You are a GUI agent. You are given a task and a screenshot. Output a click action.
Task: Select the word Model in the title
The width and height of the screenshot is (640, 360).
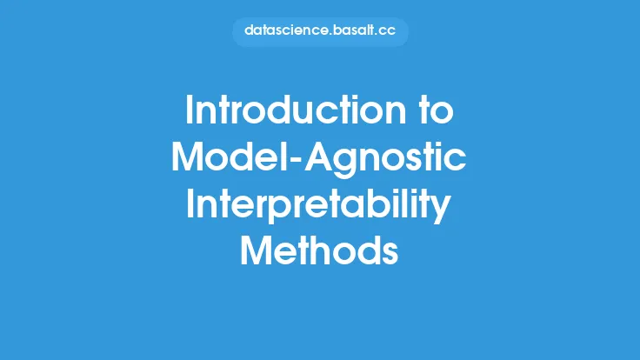pos(230,157)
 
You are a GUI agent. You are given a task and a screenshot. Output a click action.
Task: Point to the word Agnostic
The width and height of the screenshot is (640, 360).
pos(385,160)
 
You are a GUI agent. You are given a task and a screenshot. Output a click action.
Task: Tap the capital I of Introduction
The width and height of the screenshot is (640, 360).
pos(189,110)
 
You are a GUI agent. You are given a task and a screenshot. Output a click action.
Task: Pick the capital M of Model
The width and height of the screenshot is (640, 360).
pos(187,157)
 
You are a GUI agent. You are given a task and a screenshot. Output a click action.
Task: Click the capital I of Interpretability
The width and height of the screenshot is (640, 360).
pos(190,203)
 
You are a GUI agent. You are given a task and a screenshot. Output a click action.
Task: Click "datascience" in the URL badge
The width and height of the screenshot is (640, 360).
pos(286,30)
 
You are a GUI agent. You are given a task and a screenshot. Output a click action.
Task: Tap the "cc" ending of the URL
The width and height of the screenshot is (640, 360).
pos(387,32)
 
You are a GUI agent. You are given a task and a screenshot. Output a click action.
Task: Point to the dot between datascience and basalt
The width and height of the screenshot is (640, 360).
pos(330,35)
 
